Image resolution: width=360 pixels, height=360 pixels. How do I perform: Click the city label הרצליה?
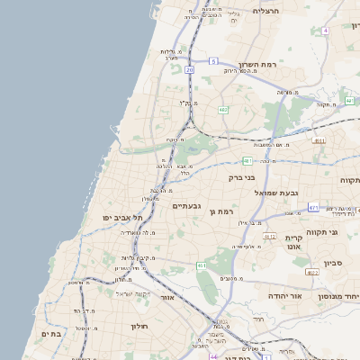[266, 10]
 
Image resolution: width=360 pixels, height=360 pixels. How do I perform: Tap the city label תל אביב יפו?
[119, 218]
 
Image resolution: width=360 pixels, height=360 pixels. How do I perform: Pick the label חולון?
[139, 326]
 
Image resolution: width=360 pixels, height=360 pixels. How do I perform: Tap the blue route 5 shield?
[213, 60]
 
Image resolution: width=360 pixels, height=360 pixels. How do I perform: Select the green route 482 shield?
[223, 110]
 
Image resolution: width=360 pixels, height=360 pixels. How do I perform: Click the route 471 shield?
[313, 208]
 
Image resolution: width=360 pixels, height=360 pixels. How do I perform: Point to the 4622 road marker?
[311, 271]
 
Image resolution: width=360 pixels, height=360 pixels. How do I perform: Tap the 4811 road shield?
[319, 140]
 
